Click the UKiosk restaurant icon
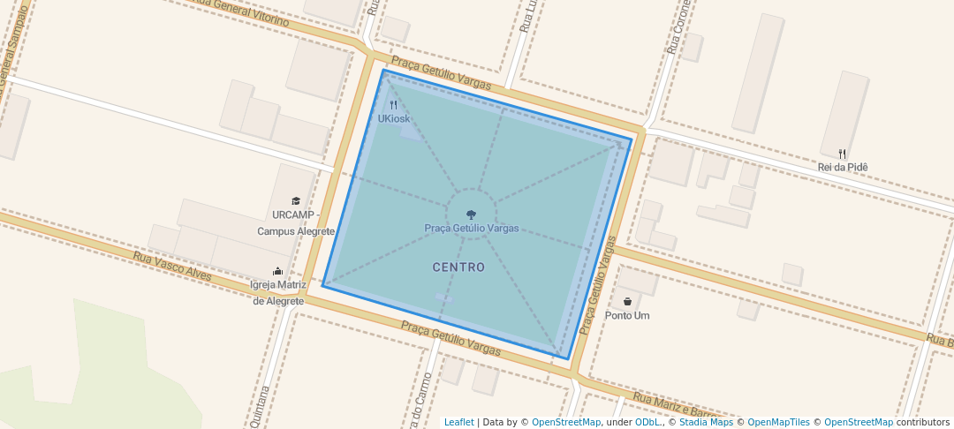pyautogui.click(x=393, y=105)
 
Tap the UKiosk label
pyautogui.click(x=394, y=119)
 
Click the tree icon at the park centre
pyautogui.click(x=471, y=214)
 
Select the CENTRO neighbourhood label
pyautogui.click(x=458, y=267)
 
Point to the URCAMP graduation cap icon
pyautogui.click(x=296, y=201)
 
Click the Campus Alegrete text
pyautogui.click(x=296, y=231)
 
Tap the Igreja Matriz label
pyautogui.click(x=278, y=285)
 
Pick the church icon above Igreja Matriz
pyautogui.click(x=278, y=271)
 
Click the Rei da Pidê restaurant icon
pyautogui.click(x=843, y=154)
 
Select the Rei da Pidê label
pyautogui.click(x=843, y=167)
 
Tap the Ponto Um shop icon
pyautogui.click(x=627, y=302)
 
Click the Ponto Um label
pyautogui.click(x=628, y=315)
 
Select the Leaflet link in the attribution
pyautogui.click(x=458, y=422)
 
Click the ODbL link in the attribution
pyautogui.click(x=647, y=422)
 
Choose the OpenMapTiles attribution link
pyautogui.click(x=777, y=422)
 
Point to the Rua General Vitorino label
pyautogui.click(x=243, y=14)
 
